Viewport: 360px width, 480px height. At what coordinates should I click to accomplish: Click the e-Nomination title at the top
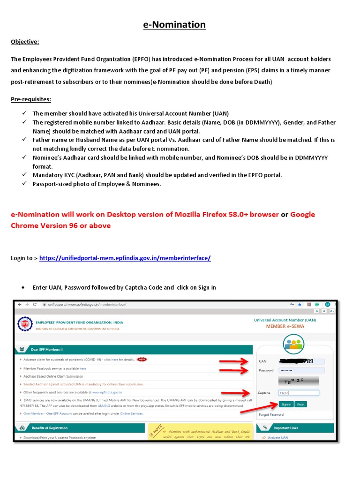(x=174, y=24)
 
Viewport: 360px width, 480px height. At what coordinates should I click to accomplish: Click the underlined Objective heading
(x=25, y=42)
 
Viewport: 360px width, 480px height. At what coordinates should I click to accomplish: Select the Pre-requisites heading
(x=31, y=99)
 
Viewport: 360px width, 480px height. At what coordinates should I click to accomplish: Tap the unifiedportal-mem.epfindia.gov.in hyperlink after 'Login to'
(x=125, y=258)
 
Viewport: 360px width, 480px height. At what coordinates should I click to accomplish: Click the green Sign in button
(x=285, y=404)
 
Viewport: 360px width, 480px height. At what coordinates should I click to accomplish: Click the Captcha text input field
(x=298, y=393)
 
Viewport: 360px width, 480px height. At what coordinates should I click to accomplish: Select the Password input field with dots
(x=298, y=370)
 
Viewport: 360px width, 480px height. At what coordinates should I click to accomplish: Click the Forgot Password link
(x=271, y=414)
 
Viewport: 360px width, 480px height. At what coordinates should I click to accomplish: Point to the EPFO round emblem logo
(x=25, y=324)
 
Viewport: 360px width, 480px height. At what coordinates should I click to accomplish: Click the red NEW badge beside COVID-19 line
(x=142, y=360)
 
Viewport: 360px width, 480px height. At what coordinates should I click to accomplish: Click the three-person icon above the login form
(x=293, y=344)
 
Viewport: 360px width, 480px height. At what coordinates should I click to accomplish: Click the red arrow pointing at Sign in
(x=258, y=406)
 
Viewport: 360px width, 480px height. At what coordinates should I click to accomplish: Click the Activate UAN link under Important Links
(x=278, y=437)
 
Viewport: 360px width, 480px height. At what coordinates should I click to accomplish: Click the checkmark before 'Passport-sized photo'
(x=24, y=184)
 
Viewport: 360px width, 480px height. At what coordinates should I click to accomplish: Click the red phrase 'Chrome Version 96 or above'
(x=61, y=225)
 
